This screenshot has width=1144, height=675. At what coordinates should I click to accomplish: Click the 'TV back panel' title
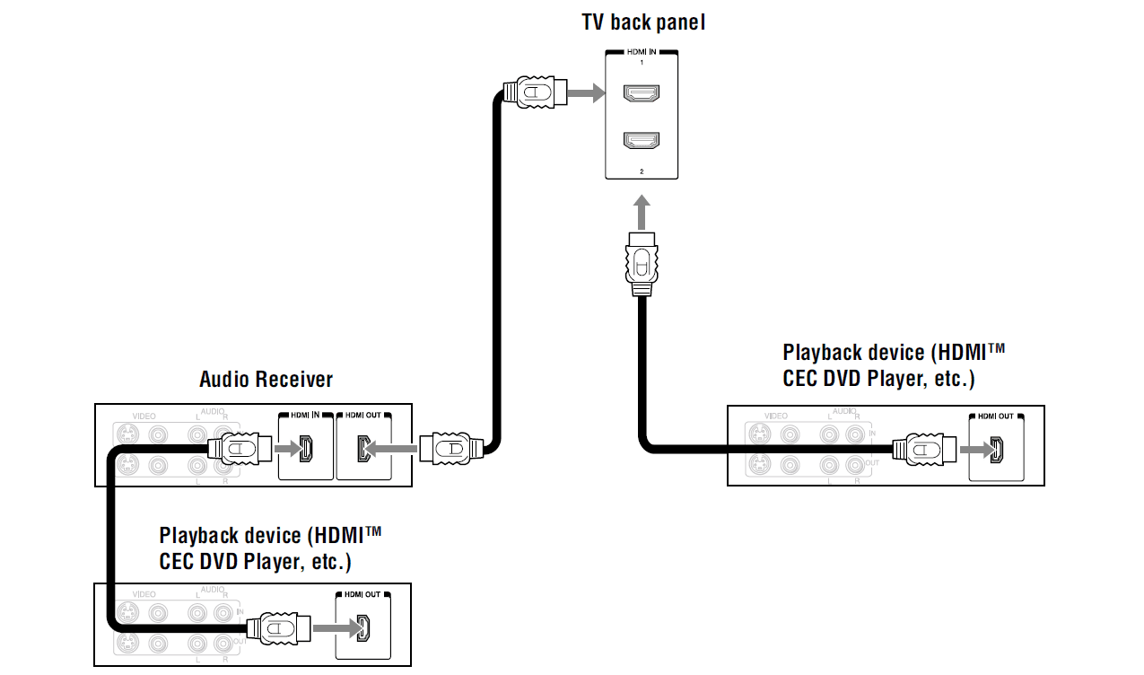(643, 22)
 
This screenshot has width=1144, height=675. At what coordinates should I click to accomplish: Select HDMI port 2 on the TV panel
(642, 140)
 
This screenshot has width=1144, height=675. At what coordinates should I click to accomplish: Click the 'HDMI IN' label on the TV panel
(642, 53)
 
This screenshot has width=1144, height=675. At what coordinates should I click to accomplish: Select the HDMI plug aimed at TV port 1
(535, 92)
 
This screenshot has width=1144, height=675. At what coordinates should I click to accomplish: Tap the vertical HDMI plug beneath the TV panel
(642, 262)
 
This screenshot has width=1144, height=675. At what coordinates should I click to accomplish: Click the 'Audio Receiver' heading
(266, 379)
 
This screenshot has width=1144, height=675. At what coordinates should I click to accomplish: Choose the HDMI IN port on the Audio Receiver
(306, 448)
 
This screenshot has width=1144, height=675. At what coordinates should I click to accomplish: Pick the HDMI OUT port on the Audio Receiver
(362, 448)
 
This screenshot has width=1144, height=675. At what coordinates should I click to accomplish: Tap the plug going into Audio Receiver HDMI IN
(240, 448)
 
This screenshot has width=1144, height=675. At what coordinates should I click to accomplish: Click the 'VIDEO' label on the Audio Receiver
(144, 416)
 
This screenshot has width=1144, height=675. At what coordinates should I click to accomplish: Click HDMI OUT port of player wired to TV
(995, 449)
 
